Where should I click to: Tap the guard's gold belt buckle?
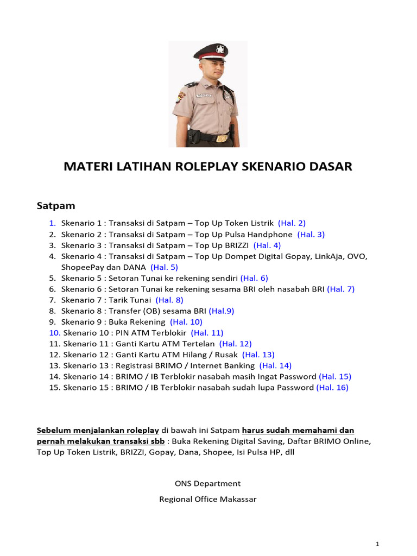221,138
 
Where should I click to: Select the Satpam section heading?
55,206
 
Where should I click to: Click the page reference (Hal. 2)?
292,223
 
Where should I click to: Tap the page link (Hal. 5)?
164,267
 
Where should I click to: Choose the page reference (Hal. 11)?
207,332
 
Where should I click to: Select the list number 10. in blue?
54,332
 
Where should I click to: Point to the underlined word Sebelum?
53,431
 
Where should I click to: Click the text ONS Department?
208,483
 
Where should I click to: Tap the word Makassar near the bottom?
237,499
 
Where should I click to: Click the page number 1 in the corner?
377,544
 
